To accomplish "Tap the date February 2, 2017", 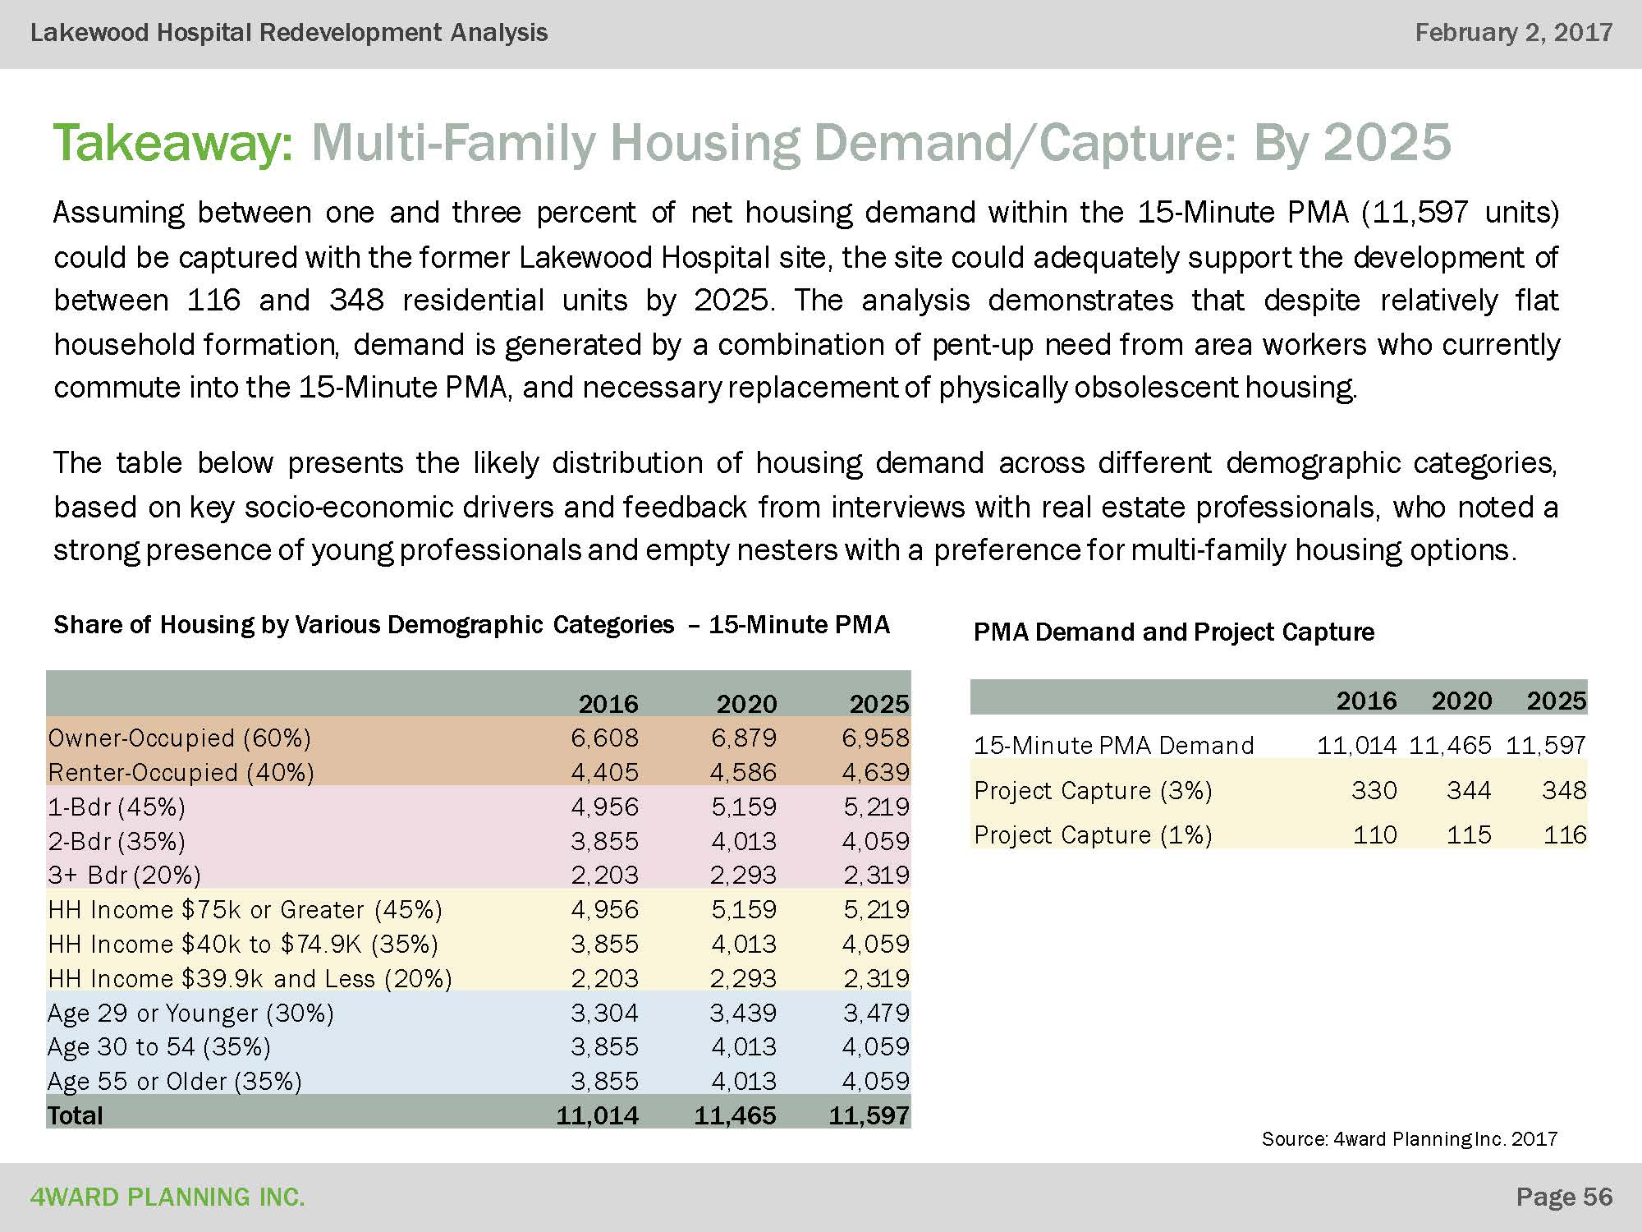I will click(x=1513, y=33).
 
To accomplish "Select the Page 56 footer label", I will click(x=1564, y=1197).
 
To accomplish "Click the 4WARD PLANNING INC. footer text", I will click(x=167, y=1198).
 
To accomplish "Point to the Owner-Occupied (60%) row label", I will click(x=180, y=738).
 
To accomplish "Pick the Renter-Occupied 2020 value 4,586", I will click(x=743, y=772).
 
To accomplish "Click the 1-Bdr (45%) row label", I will click(x=117, y=807).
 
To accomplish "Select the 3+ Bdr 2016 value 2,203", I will click(x=604, y=875).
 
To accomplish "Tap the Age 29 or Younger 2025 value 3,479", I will click(x=876, y=1013).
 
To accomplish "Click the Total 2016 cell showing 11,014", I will click(x=597, y=1115).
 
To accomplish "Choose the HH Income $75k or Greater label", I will click(x=245, y=909).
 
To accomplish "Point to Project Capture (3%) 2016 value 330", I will click(x=1374, y=790).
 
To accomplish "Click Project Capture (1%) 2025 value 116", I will click(x=1564, y=835).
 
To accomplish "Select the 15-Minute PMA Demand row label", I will click(x=1113, y=745).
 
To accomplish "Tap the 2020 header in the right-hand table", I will click(x=1461, y=701).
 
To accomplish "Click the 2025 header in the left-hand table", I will click(x=878, y=704).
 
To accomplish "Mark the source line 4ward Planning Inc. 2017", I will click(x=1409, y=1139).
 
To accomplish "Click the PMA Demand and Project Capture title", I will click(x=1173, y=632).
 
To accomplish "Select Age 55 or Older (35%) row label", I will click(x=175, y=1081).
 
